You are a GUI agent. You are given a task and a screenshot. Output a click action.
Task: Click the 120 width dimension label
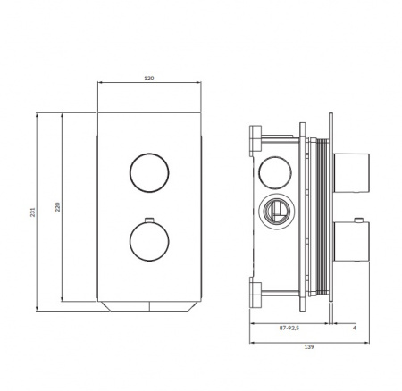pyautogui.click(x=149, y=79)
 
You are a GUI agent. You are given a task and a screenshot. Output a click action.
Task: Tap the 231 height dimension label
pyautogui.click(x=33, y=212)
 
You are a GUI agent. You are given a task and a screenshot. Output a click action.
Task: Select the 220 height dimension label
pyautogui.click(x=58, y=207)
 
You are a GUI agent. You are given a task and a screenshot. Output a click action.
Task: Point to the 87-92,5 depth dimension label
pyautogui.click(x=289, y=328)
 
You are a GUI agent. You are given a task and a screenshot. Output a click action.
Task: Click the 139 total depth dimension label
pyautogui.click(x=309, y=346)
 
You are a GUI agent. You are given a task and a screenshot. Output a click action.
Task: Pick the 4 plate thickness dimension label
pyautogui.click(x=354, y=328)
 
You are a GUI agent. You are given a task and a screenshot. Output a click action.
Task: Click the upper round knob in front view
pyautogui.click(x=149, y=172)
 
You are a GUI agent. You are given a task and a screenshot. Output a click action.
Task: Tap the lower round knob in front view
pyautogui.click(x=149, y=241)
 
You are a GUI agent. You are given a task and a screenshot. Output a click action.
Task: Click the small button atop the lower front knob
pyautogui.click(x=149, y=220)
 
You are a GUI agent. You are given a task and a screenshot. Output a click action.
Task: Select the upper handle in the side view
pyautogui.click(x=351, y=173)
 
